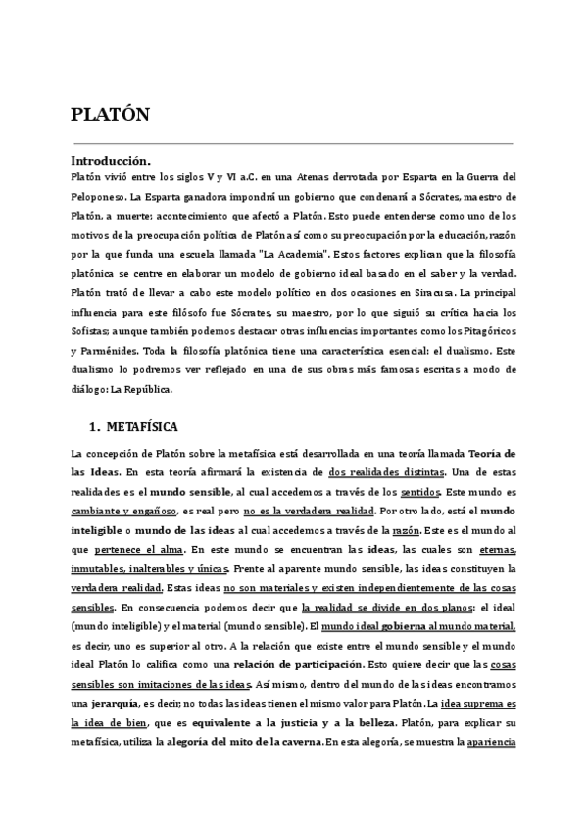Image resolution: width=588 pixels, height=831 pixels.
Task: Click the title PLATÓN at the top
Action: (x=111, y=114)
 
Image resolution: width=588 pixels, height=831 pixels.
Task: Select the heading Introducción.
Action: (x=111, y=160)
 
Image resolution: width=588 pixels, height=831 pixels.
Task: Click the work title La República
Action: (x=144, y=388)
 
